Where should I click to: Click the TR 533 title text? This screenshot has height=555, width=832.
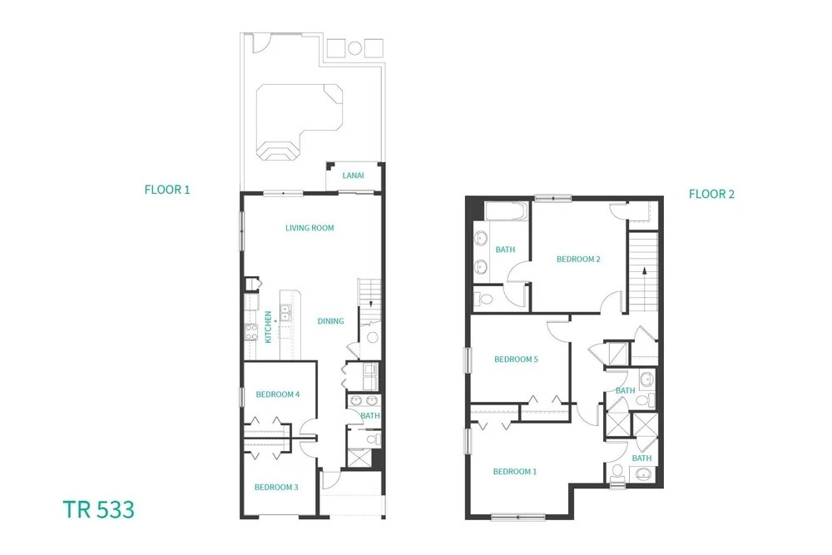pos(99,509)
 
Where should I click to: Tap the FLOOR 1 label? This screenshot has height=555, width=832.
pos(167,190)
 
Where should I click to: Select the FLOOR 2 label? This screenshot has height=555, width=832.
pos(711,194)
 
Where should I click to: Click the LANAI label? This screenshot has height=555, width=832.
pos(353,175)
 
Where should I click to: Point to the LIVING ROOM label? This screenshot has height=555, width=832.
pos(310,228)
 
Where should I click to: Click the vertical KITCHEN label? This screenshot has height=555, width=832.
pos(268,327)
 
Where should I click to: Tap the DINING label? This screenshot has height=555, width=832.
pos(330,321)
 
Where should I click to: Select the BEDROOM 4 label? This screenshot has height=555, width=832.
pos(278,394)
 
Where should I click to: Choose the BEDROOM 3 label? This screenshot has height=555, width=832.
pos(276,487)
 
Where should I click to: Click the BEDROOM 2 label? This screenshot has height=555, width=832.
pos(578,259)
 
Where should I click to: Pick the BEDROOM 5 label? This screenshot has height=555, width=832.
pos(517,359)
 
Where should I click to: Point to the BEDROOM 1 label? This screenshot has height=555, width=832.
pos(515,471)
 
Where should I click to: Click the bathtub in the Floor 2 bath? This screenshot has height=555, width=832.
pos(506,211)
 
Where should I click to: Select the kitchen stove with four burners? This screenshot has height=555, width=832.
pos(251,332)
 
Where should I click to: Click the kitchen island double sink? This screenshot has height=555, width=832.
pos(285,313)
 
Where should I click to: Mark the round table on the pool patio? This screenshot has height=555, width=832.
pos(355,48)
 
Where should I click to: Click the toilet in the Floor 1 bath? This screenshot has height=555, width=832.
pos(374,439)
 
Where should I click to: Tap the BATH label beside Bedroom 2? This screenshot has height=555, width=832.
pos(505,250)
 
